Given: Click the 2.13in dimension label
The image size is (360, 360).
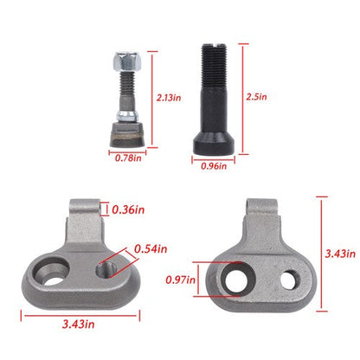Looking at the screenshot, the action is (x=169, y=98).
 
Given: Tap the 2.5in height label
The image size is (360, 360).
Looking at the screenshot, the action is (x=256, y=97).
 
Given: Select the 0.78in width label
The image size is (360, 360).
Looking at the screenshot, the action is (x=128, y=158).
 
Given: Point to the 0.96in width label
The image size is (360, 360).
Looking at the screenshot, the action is (x=214, y=166).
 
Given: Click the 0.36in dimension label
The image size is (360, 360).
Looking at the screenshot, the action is (x=128, y=209).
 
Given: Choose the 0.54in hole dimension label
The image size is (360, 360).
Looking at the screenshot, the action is (x=151, y=249).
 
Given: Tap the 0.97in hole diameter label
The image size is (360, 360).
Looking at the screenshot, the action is (x=180, y=280).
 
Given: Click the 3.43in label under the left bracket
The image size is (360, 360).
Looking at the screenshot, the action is (x=78, y=325).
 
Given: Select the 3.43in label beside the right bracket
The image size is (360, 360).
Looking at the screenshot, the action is (x=340, y=254).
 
